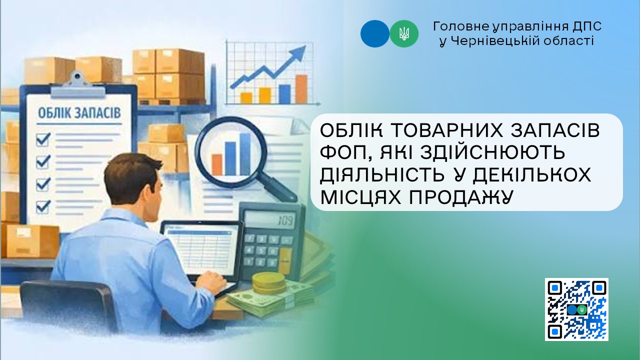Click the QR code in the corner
[576, 309]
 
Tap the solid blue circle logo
[375, 33]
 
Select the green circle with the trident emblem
[404, 33]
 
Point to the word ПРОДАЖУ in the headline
[460, 197]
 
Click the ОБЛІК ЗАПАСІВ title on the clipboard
[79, 113]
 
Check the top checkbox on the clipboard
[43, 139]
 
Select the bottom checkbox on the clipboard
[43, 206]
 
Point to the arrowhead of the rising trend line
[298, 53]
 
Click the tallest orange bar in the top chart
[301, 89]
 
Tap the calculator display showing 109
[269, 220]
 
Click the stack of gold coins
[266, 283]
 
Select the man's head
[131, 179]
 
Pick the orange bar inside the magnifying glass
[217, 165]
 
